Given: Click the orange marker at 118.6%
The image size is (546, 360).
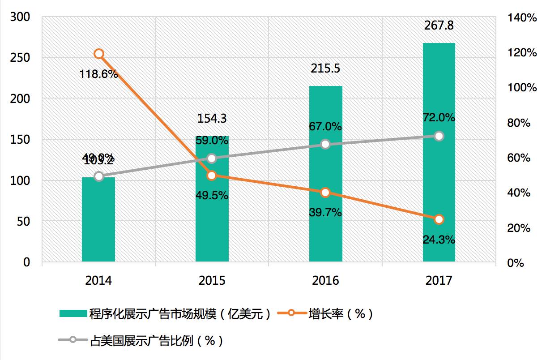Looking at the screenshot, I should tap(99, 54).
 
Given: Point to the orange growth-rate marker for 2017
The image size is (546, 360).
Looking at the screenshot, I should tap(439, 219).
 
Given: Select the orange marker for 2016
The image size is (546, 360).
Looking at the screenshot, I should tap(325, 193).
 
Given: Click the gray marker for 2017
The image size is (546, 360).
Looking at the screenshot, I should tap(439, 136).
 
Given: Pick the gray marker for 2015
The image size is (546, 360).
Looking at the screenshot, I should tap(212, 158).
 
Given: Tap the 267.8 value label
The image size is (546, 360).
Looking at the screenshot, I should tap(439, 26).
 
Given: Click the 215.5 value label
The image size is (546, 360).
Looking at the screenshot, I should tap(325, 69).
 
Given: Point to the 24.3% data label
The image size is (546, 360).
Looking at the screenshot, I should tap(439, 240).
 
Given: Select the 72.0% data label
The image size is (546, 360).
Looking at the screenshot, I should tap(439, 118).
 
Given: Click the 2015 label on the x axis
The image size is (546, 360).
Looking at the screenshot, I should tap(212, 281).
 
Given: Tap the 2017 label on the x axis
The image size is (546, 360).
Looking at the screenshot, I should tap(439, 281).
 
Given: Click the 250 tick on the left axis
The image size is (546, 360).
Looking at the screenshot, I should tap(20, 58).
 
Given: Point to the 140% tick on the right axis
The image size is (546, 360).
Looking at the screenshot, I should tap(522, 18).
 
